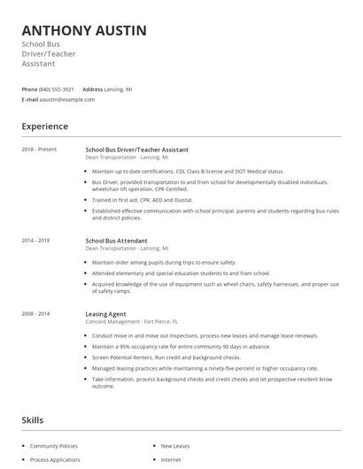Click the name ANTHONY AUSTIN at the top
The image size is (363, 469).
coord(84,31)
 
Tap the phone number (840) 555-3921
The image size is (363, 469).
coord(57,89)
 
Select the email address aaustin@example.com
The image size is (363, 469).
coord(67,100)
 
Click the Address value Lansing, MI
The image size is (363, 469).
coord(120,89)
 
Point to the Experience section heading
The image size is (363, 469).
coord(44,127)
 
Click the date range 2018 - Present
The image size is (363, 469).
coord(39,150)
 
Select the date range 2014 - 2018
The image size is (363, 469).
coord(35,240)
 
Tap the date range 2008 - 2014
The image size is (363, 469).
coord(35,313)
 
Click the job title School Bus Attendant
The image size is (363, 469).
coord(116,240)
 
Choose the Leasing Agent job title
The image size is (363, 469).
coord(106,313)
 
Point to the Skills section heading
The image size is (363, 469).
coord(33,420)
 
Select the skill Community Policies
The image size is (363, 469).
coord(54,447)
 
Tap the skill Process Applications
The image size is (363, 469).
coord(56,460)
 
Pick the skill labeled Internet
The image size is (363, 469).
coord(171,460)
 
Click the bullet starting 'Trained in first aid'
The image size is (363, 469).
coord(142,200)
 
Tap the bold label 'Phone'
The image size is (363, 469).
coord(29,89)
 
